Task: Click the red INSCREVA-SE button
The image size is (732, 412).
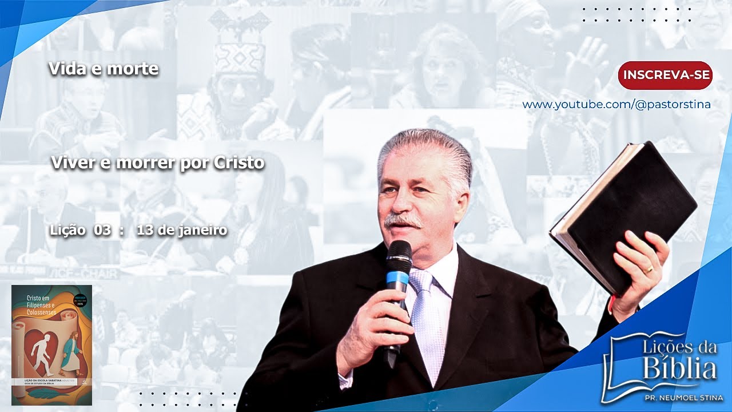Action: coord(665,76)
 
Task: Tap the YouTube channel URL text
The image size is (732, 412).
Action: coord(616,105)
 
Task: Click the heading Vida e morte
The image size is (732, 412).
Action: coord(104,69)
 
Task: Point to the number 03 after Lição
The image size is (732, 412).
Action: coord(103,230)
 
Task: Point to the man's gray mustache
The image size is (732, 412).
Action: coord(403,220)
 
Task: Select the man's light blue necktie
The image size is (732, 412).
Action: coord(426,320)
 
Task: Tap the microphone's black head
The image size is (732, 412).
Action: coord(399,255)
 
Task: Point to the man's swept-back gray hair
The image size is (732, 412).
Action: coord(423,146)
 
